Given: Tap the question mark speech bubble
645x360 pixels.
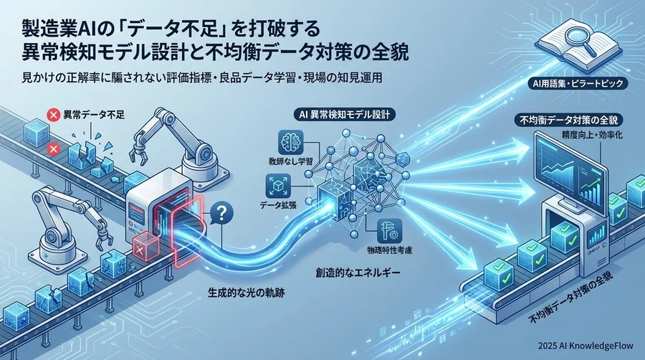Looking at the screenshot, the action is coord(221,214).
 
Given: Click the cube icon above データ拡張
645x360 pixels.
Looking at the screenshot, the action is coord(279,186).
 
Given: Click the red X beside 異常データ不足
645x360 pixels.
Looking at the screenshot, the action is coord(53,115).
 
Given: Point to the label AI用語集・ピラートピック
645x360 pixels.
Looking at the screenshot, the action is coord(576,83).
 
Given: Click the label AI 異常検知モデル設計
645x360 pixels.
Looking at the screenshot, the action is coord(343,115).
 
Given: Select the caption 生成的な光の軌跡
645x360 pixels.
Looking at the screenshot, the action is coord(246,293).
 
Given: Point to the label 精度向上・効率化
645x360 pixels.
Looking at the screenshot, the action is coord(591,135).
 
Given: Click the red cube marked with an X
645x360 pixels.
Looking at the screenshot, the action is coord(146,246).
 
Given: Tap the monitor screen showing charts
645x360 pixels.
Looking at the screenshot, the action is coord(569,174).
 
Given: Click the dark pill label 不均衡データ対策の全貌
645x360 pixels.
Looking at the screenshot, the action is coord(569,120).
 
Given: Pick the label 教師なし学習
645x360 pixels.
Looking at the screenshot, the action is coord(290,161).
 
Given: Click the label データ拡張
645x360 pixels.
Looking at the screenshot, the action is coord(278,205).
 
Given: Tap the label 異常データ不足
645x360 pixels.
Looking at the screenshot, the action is coord(93,115).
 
